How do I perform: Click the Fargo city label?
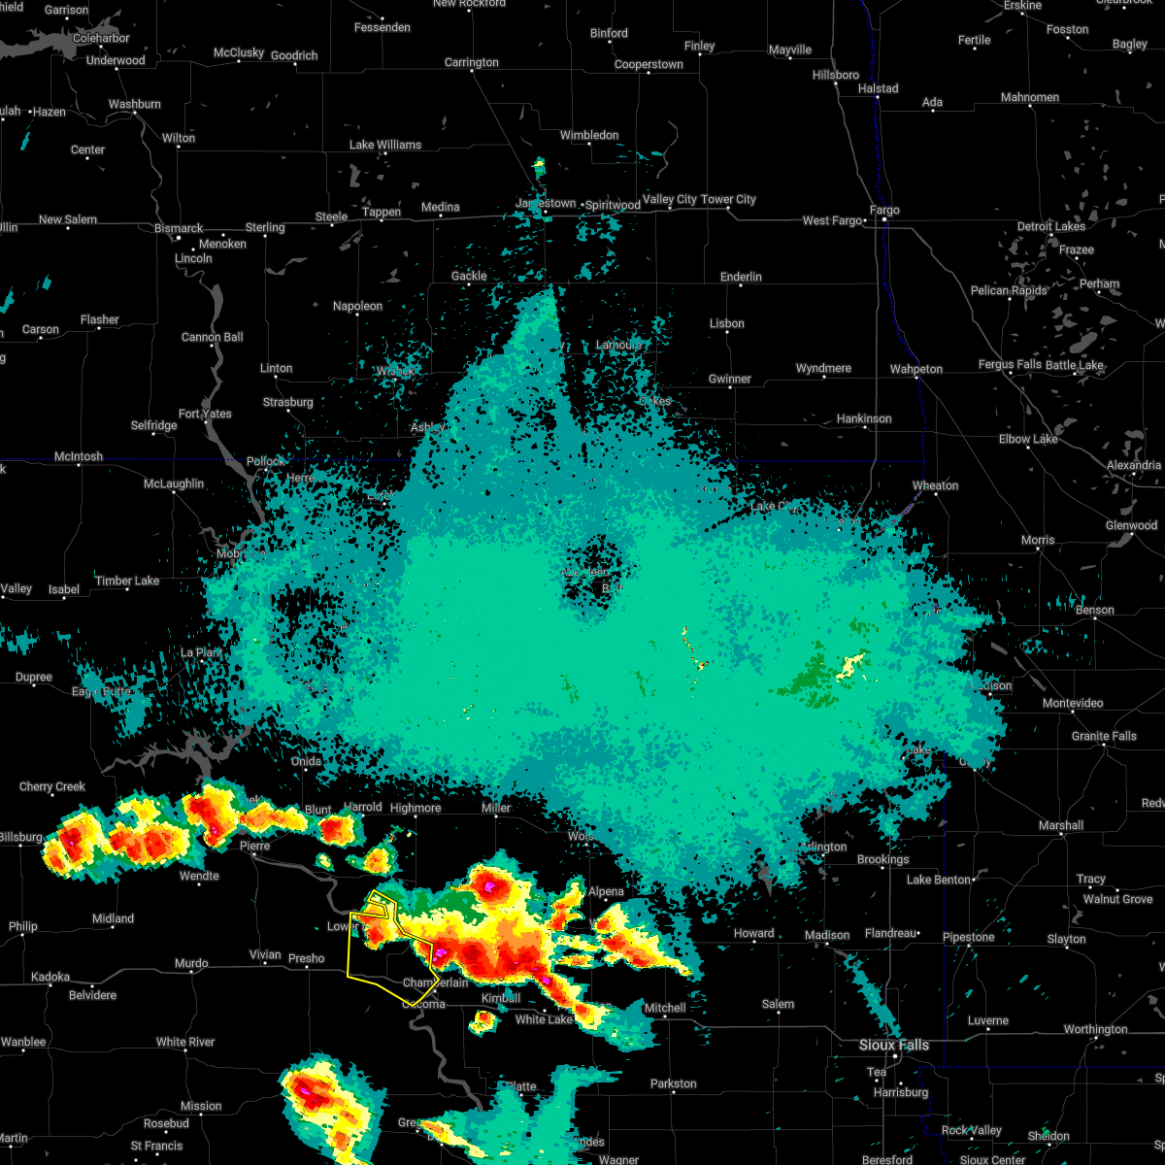tap(884, 210)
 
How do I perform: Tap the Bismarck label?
tap(179, 228)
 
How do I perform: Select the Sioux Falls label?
tap(893, 1045)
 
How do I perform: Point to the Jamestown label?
tap(546, 204)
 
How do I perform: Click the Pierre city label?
tap(254, 846)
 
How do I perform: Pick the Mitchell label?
tap(665, 1008)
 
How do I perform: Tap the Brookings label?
tap(882, 859)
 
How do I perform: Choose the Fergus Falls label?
tap(1009, 365)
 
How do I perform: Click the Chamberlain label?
tap(435, 982)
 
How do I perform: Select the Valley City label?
tap(670, 199)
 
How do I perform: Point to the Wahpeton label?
tap(915, 369)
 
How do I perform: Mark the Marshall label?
tap(1060, 825)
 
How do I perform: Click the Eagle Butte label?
tap(101, 691)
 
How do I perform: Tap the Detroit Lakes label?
tap(1051, 226)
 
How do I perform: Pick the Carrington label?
tap(471, 62)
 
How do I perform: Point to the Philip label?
tap(22, 927)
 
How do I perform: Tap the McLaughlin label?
tap(174, 483)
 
